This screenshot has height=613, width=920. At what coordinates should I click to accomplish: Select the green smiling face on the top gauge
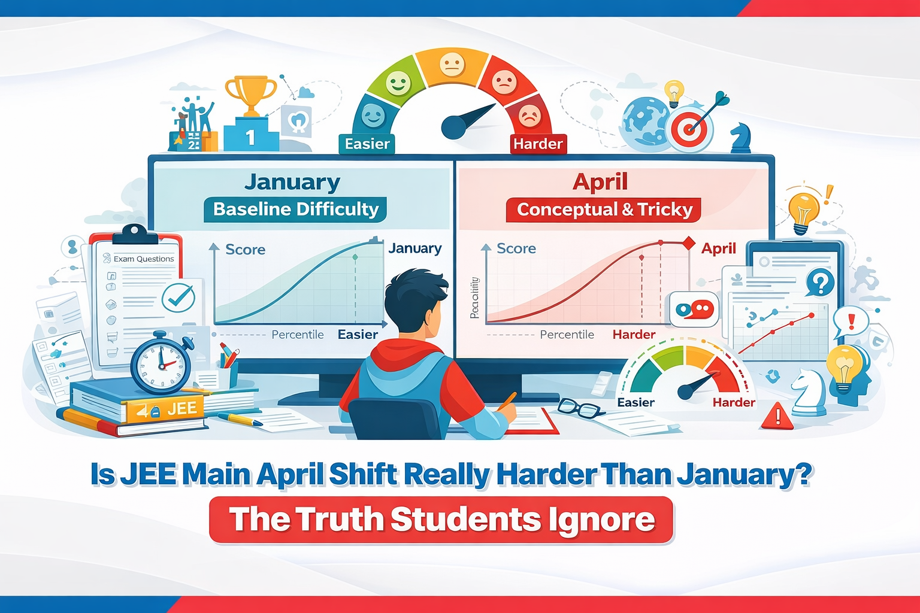click(x=398, y=83)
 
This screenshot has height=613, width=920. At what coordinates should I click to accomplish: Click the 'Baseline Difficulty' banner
click(x=296, y=209)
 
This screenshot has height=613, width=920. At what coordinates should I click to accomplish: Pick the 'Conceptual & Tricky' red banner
click(x=604, y=210)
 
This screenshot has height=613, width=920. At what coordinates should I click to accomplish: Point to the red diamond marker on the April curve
click(x=689, y=243)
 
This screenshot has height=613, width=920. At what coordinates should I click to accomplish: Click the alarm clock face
click(x=160, y=365)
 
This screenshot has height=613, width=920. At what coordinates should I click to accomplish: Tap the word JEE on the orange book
click(x=181, y=409)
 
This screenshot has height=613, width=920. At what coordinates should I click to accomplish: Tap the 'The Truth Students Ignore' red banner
click(x=442, y=519)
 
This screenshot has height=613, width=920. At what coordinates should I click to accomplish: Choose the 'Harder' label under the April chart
click(x=634, y=335)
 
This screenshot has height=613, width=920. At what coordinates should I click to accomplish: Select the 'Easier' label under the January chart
click(x=358, y=335)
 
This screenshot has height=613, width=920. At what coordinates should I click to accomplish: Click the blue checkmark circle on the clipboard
click(x=178, y=297)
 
